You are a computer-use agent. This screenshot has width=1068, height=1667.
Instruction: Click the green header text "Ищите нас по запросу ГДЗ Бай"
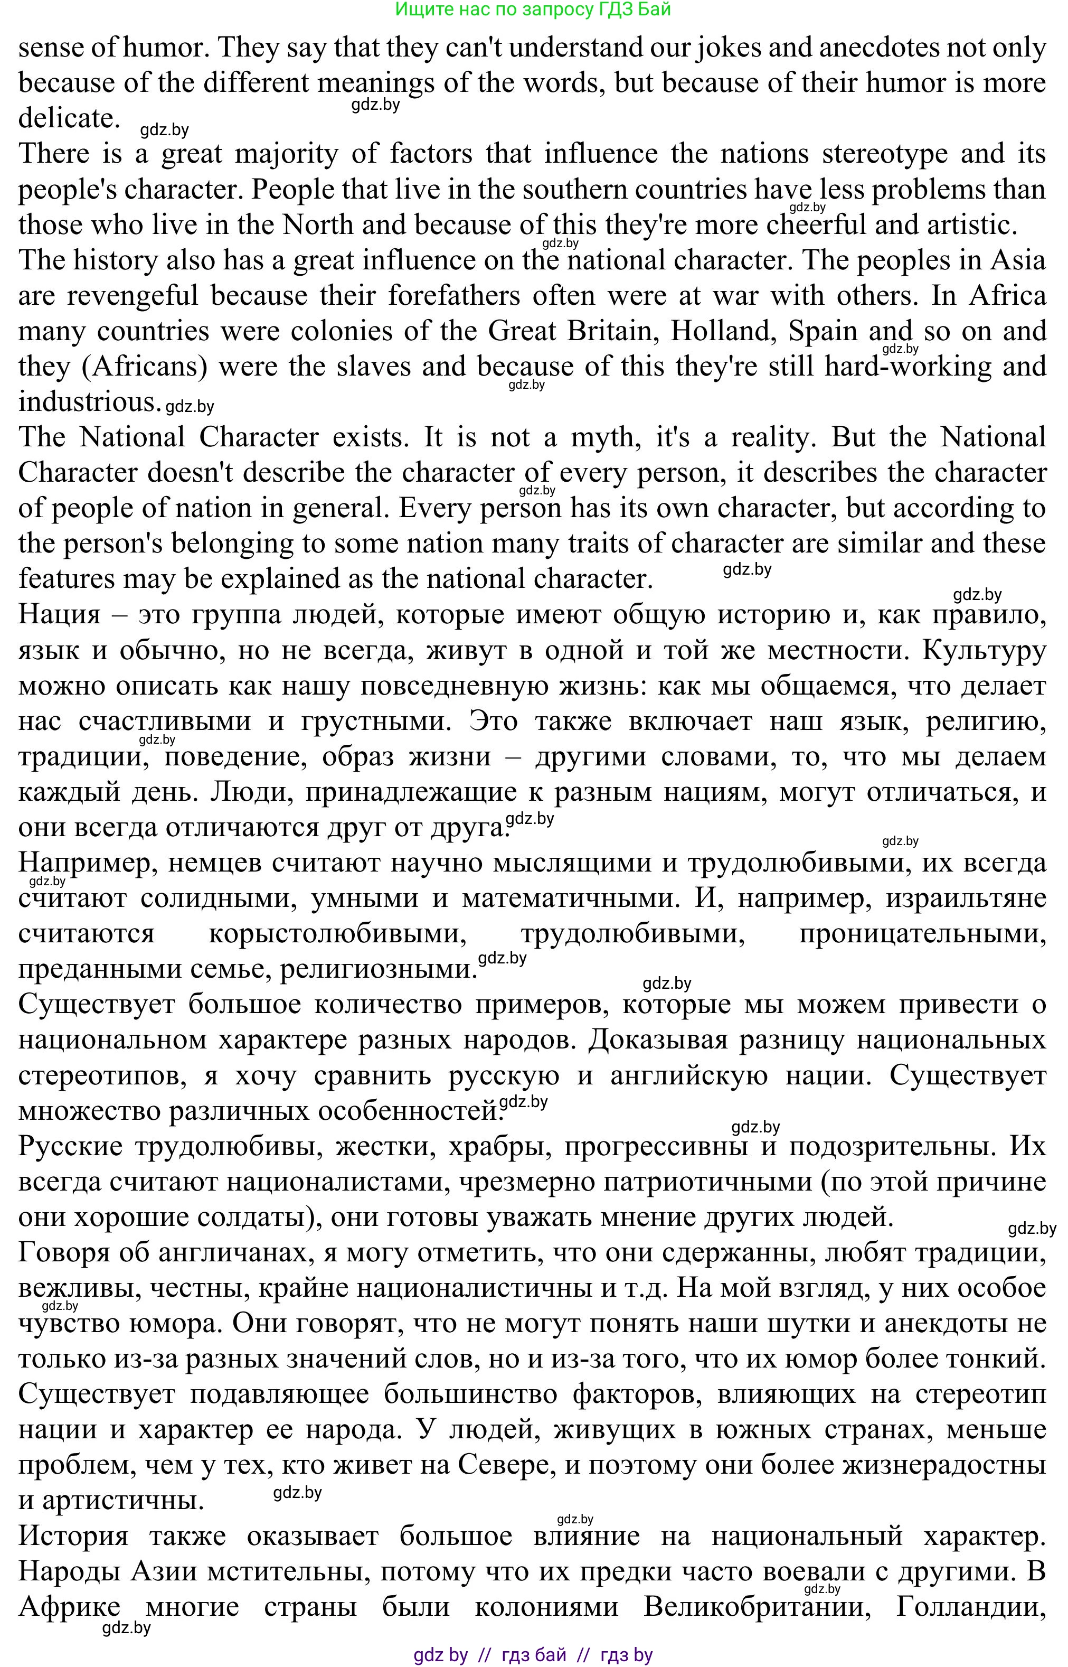(x=533, y=10)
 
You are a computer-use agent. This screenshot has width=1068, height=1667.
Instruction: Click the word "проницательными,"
(x=922, y=934)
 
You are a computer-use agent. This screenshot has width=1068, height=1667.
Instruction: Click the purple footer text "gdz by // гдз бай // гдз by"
(x=533, y=1654)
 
